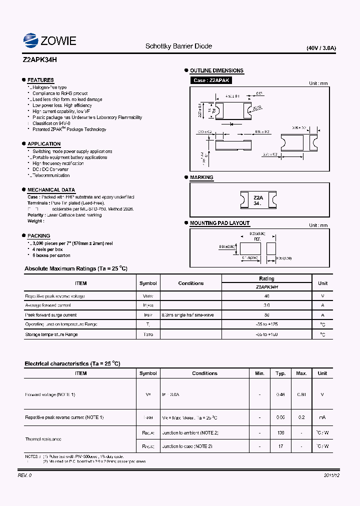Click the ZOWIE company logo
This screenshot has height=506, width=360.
pos(49,40)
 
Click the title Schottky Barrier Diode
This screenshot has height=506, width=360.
pos(178,46)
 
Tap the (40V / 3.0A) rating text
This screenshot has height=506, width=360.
pos(321,48)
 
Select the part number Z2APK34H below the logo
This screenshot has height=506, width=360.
pos(40,59)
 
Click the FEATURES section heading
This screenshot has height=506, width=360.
pos(40,80)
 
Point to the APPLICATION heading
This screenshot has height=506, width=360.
pos(44,144)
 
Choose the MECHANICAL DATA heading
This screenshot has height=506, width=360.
pos(51,190)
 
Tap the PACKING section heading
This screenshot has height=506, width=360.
pos(38,235)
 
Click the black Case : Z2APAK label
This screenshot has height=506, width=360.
pos(211,80)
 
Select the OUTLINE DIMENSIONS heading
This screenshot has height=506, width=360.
pos(216,70)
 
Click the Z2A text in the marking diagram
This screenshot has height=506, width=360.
pos(258,197)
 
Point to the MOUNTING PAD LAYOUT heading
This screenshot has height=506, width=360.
pos(219,223)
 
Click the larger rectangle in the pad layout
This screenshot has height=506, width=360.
pos(250,248)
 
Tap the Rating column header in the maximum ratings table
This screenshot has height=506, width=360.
pos(266,278)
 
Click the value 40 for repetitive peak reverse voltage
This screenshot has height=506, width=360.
pos(266,296)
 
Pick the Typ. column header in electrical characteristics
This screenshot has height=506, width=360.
pos(280,373)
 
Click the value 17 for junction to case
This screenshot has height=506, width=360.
pos(280,446)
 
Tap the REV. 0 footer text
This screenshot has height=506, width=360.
pos(25,475)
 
